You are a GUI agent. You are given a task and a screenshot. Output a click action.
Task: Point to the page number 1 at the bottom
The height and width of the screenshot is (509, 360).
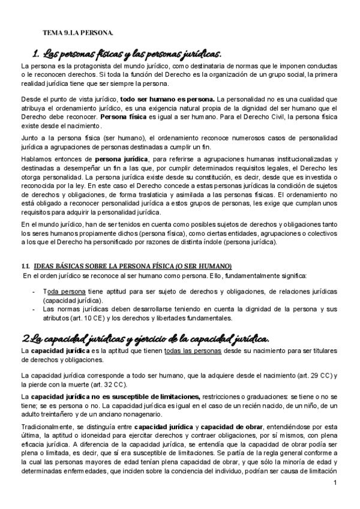pos(336,498)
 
